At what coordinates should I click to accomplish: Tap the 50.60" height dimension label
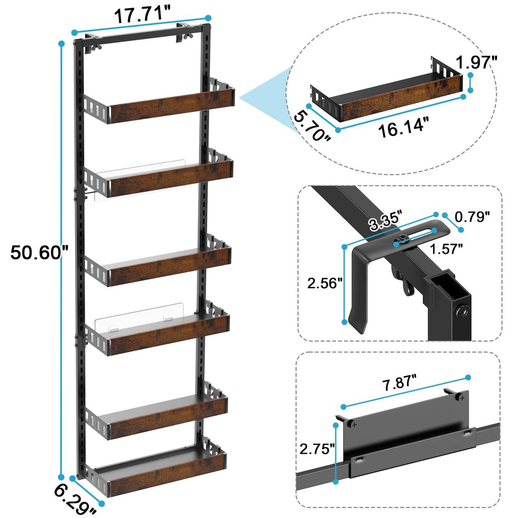click(x=39, y=252)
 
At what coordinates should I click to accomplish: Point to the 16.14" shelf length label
click(x=403, y=127)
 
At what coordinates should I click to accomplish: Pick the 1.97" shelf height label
click(x=476, y=63)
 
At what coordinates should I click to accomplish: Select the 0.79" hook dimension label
click(x=471, y=217)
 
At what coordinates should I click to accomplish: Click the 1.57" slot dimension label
click(x=446, y=248)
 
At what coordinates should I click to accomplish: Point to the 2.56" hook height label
click(x=325, y=283)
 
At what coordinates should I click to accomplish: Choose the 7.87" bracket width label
click(x=399, y=383)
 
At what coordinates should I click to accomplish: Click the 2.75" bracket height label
click(x=317, y=448)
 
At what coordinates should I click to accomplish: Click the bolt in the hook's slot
click(x=402, y=240)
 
